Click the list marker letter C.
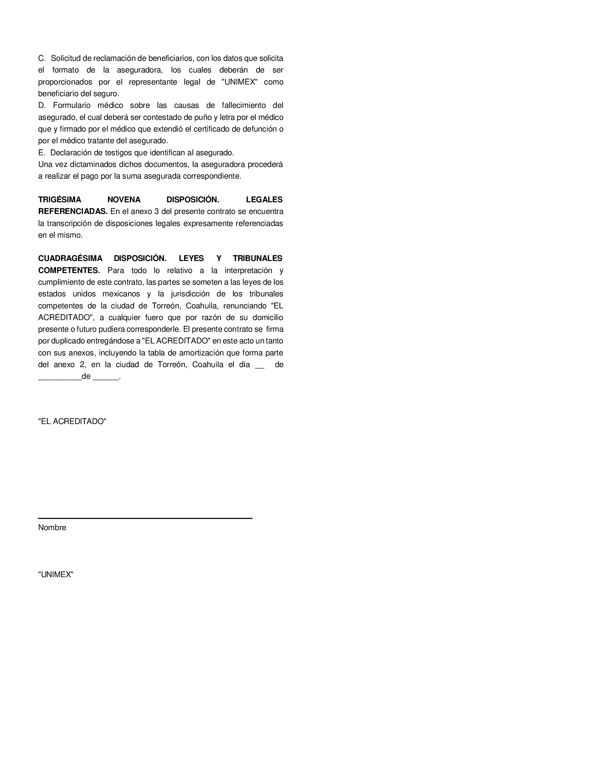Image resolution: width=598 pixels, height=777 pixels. click(x=42, y=58)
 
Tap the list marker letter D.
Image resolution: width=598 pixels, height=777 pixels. click(x=42, y=106)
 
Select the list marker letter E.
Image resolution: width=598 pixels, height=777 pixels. click(x=41, y=153)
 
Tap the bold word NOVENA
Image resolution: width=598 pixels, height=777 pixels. click(x=124, y=199)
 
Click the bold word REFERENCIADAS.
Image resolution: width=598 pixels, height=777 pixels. click(x=72, y=212)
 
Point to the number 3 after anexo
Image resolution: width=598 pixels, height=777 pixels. click(x=157, y=212)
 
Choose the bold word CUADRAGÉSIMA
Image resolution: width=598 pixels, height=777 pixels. click(x=70, y=259)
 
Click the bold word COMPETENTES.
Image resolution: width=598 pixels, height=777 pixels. click(x=69, y=271)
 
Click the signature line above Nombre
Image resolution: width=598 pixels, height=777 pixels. click(x=145, y=518)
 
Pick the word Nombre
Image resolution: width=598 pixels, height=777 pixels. click(x=52, y=528)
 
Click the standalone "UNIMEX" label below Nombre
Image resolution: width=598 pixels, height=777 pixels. click(x=56, y=575)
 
